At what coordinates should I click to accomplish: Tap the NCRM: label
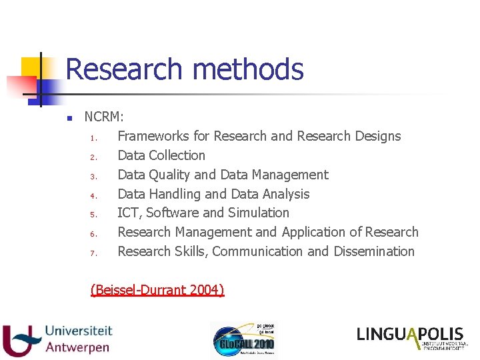pyautogui.click(x=104, y=117)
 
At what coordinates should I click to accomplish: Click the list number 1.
pyautogui.click(x=95, y=139)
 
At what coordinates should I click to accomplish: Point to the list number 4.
pyautogui.click(x=95, y=196)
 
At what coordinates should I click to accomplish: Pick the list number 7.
pyautogui.click(x=95, y=253)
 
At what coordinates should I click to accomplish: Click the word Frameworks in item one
pyautogui.click(x=153, y=136)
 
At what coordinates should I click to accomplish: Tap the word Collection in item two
pyautogui.click(x=177, y=155)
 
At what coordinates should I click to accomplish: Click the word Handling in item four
pyautogui.click(x=175, y=194)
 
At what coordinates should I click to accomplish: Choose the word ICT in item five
pyautogui.click(x=129, y=213)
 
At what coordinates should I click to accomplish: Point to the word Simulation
pyautogui.click(x=259, y=213)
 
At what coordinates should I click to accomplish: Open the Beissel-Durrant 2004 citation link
pyautogui.click(x=157, y=289)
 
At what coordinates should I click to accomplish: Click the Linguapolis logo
pyautogui.click(x=411, y=337)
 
